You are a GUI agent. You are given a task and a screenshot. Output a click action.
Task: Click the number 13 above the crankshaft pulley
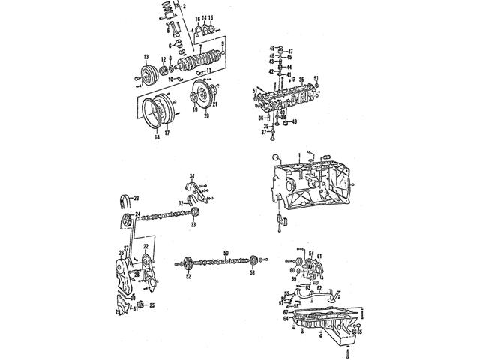[146, 58]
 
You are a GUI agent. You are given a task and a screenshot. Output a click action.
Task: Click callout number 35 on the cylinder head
[301, 78]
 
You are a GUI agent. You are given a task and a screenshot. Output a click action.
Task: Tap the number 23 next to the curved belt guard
[136, 197]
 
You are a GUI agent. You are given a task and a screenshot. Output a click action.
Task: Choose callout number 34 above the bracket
[192, 175]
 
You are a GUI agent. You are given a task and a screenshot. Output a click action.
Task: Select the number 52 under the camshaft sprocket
[189, 276]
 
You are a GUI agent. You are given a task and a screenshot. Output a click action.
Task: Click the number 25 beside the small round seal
[152, 305]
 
